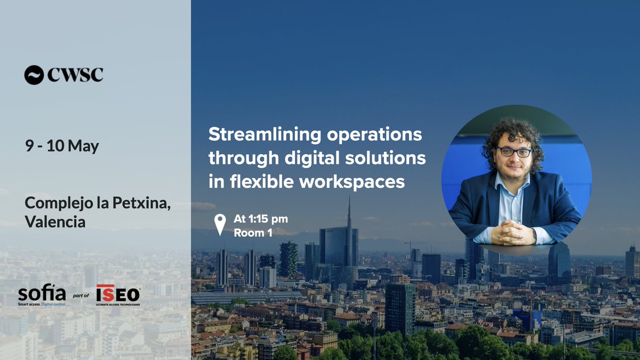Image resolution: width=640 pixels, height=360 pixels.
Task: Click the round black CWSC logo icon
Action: (x=34, y=75)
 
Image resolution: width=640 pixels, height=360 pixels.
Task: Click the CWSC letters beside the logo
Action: (x=75, y=75)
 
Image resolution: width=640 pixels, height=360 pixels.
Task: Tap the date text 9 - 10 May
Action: (x=62, y=146)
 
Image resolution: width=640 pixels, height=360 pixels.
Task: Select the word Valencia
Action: (x=55, y=221)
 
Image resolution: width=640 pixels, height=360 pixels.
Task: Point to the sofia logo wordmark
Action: (x=42, y=293)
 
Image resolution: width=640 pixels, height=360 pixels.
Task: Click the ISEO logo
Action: (x=118, y=293)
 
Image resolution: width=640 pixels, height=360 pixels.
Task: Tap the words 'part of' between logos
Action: (x=81, y=295)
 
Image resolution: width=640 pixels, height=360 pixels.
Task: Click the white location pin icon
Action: (x=219, y=225)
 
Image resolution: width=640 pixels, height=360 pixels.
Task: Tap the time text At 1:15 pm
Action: (x=261, y=219)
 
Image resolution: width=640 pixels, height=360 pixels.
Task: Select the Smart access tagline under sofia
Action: (x=42, y=303)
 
